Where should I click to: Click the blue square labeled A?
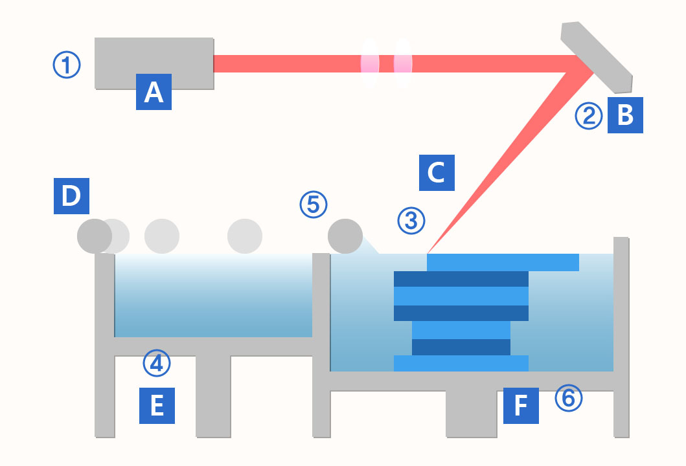click(x=154, y=92)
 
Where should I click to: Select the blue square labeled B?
click(x=625, y=115)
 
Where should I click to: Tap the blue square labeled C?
click(x=437, y=173)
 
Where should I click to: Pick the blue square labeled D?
click(x=71, y=196)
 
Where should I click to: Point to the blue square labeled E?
click(x=157, y=406)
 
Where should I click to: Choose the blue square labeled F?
click(x=521, y=406)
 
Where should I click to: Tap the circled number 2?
click(x=589, y=116)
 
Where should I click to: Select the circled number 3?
click(x=411, y=221)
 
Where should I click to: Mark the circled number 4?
click(x=156, y=363)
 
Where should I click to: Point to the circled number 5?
click(x=314, y=205)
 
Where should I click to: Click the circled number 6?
click(x=569, y=398)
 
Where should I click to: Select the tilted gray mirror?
click(x=597, y=57)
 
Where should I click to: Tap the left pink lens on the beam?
click(x=370, y=63)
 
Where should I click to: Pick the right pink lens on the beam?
click(x=403, y=63)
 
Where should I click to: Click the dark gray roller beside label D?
click(x=95, y=236)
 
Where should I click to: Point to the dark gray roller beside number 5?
click(x=345, y=236)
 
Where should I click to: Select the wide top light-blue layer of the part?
click(x=503, y=262)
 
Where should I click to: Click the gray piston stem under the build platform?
click(x=472, y=414)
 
